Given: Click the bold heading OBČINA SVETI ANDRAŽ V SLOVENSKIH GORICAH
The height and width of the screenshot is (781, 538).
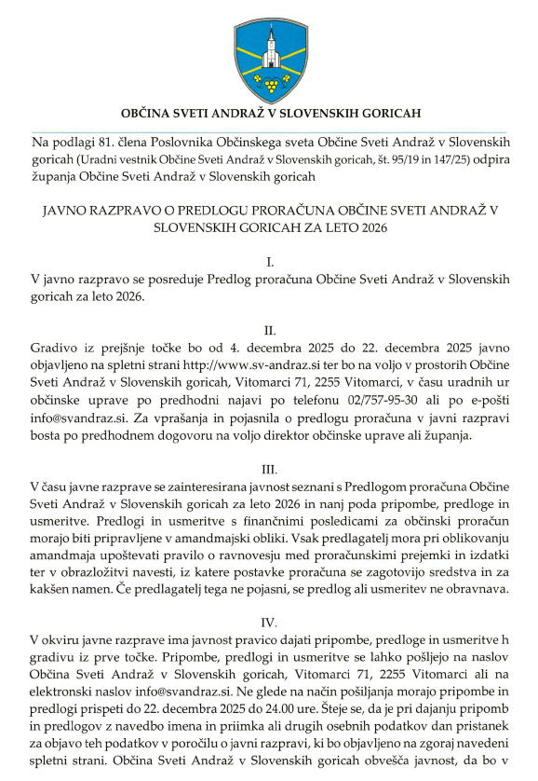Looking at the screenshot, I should pos(269,115).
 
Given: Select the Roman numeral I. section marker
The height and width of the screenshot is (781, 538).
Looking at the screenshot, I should pos(269,263).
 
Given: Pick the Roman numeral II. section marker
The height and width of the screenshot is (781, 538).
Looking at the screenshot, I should pos(269,331).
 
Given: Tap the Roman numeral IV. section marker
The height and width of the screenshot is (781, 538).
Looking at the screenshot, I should pos(269,622).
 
